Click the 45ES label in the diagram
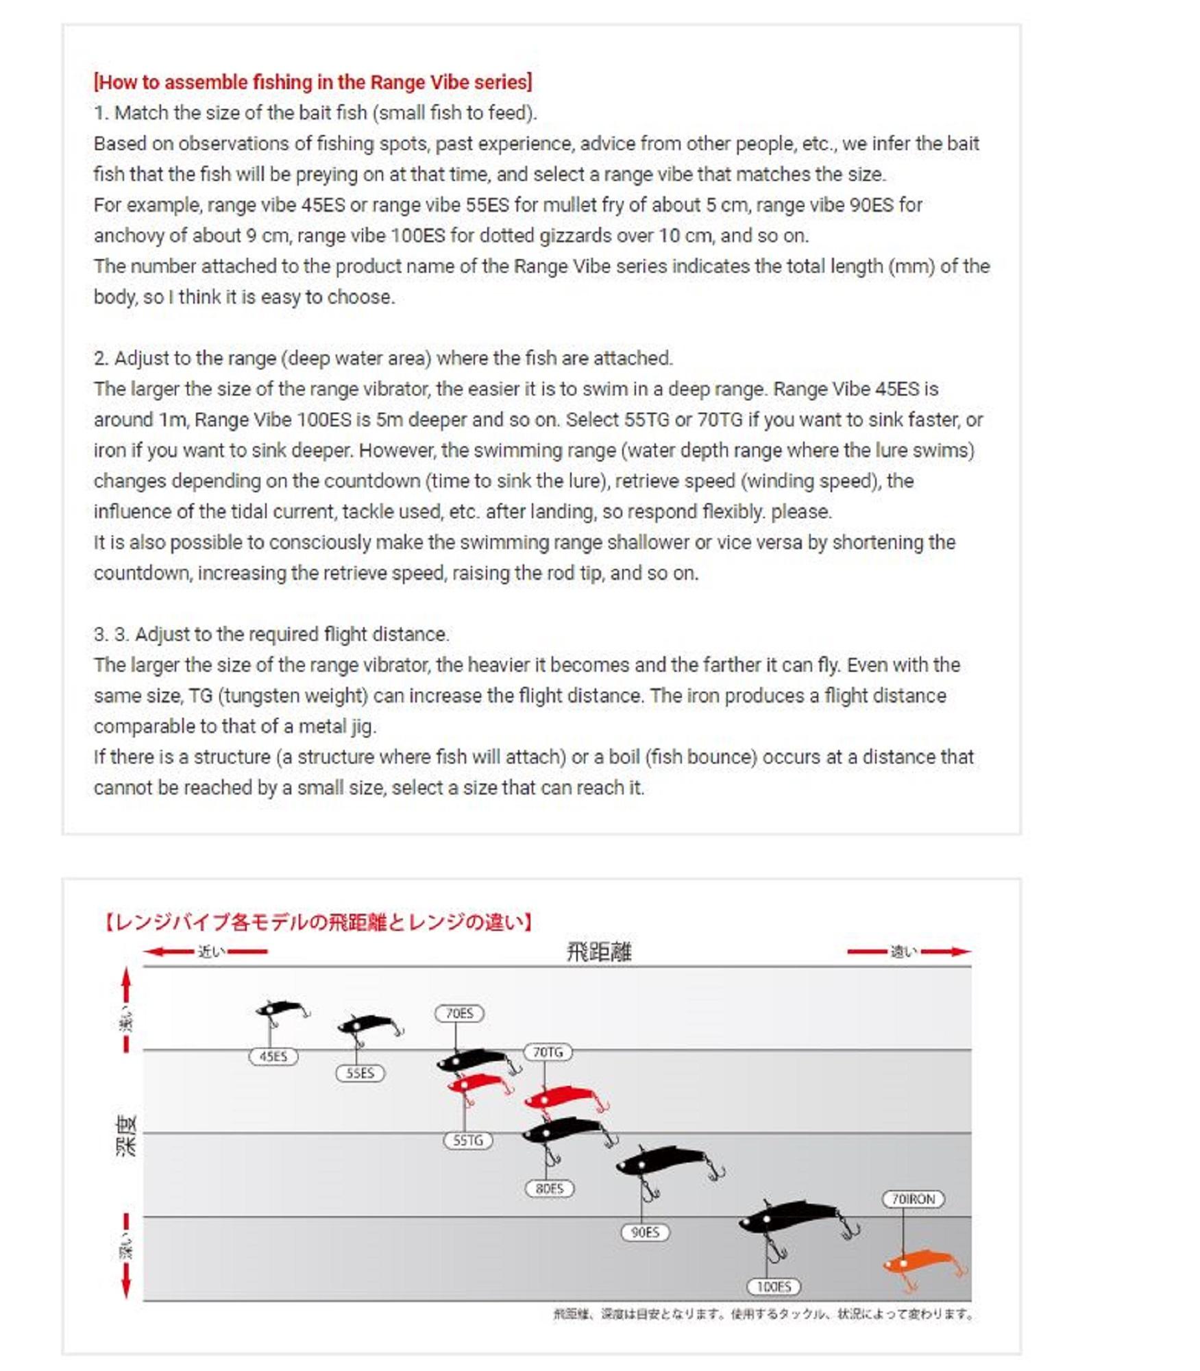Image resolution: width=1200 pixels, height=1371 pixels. [x=273, y=1056]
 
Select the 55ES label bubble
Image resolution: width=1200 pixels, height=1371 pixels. [x=360, y=1073]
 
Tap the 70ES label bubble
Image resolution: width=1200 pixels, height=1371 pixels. [x=459, y=1013]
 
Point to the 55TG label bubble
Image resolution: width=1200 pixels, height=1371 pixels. [x=467, y=1140]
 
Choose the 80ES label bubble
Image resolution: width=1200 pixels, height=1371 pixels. [x=549, y=1188]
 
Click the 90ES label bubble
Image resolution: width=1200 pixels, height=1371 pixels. [x=644, y=1232]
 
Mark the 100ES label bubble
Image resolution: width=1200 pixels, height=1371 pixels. [x=774, y=1286]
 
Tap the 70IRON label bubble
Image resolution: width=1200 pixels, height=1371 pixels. [x=913, y=1199]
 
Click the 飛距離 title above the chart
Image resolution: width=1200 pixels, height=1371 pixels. [x=598, y=951]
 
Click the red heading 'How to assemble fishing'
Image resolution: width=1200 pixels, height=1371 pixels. [x=313, y=82]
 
